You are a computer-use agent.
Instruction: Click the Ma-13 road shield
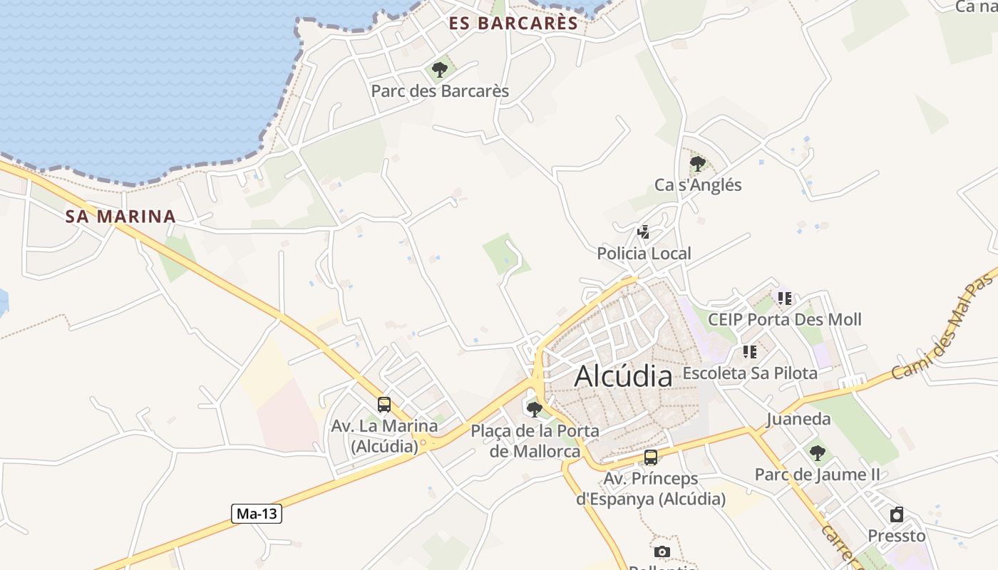[257, 513]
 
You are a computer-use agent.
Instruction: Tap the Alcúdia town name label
[623, 375]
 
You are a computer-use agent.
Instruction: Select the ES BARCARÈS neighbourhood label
[513, 24]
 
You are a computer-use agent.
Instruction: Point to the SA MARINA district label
[120, 217]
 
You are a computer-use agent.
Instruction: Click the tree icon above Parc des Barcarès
[440, 70]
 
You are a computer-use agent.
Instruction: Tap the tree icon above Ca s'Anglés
[697, 164]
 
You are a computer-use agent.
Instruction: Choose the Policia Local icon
[643, 232]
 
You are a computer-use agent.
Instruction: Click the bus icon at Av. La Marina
[384, 405]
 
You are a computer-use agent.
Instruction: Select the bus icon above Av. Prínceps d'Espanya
[650, 457]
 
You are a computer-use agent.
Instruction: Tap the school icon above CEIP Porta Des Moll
[784, 299]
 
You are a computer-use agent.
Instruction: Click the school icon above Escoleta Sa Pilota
[749, 352]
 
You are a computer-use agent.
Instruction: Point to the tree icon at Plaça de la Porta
[534, 410]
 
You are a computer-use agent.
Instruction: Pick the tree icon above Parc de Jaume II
[817, 452]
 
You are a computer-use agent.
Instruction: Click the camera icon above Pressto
[897, 514]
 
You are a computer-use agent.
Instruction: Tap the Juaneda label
[798, 419]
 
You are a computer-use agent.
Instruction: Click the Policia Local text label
[644, 254]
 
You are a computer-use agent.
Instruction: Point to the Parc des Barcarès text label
[440, 91]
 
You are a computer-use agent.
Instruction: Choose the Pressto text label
[897, 536]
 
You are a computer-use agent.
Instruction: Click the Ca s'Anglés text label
[698, 185]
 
